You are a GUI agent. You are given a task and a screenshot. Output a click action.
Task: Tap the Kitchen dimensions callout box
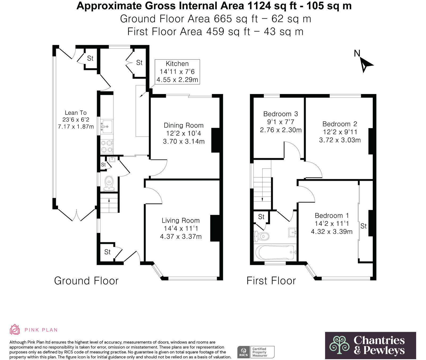[177, 72]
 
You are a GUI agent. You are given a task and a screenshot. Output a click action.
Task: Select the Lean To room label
[76, 113]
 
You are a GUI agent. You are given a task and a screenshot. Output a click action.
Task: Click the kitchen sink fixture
[107, 126]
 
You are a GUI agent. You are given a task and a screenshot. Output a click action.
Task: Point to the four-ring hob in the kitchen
[107, 146]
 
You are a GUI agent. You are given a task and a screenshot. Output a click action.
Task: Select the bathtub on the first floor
[275, 252]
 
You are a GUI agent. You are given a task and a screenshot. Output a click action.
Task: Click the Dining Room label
[183, 125]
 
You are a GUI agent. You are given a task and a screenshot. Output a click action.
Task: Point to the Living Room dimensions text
[181, 232]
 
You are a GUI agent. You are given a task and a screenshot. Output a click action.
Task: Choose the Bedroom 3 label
[281, 114]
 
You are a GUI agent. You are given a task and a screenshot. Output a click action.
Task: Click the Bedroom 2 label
[340, 124]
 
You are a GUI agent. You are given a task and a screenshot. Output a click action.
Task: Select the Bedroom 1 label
[332, 216]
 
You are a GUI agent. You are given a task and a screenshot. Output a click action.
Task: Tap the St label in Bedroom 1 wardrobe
[363, 226]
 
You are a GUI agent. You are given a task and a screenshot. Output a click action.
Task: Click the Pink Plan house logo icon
[15, 329]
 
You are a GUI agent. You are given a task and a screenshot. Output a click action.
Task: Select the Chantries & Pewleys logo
[370, 345]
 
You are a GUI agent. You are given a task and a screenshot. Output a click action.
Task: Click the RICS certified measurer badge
[256, 352]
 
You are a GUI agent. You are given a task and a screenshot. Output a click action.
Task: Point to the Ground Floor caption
[86, 281]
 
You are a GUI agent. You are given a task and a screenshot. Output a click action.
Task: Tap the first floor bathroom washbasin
[292, 232]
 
